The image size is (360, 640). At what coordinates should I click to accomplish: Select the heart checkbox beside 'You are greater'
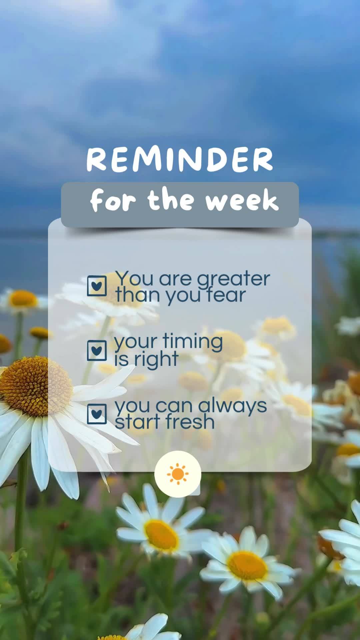[97, 286]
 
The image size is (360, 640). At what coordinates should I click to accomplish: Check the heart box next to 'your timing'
[97, 350]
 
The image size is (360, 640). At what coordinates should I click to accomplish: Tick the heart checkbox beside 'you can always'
[97, 414]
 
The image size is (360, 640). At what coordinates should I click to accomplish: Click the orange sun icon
[178, 474]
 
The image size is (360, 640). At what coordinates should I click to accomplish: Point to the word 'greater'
[233, 279]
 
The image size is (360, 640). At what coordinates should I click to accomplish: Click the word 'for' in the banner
[113, 201]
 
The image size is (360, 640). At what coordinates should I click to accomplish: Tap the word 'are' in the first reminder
[175, 279]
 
